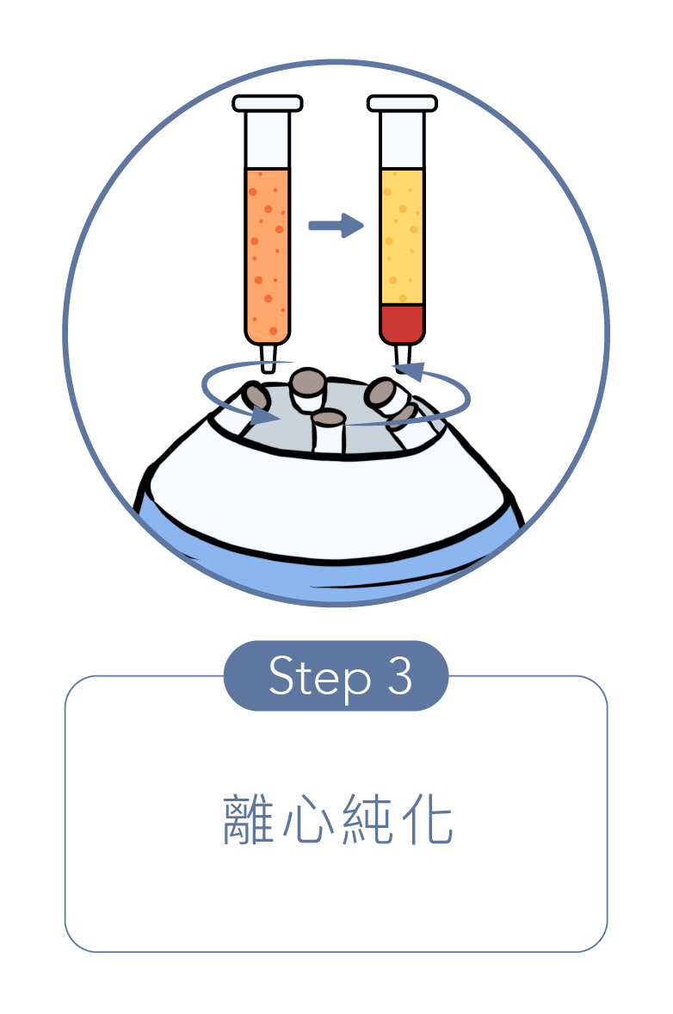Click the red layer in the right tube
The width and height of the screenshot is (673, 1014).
click(402, 323)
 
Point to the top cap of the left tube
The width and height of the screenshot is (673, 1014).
click(268, 103)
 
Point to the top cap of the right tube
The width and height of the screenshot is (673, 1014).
click(402, 103)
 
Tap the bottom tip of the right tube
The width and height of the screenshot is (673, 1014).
click(402, 355)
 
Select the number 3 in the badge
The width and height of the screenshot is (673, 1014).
click(398, 676)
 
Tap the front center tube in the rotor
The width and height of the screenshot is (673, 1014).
click(328, 431)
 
